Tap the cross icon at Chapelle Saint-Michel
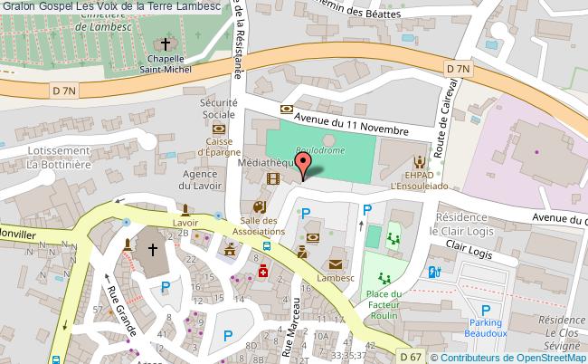pyautogui.click(x=166, y=43)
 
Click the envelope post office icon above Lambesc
pyautogui.click(x=337, y=264)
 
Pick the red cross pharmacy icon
pyautogui.click(x=263, y=273)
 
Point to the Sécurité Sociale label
pyautogui.click(x=217, y=109)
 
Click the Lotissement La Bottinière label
pyautogui.click(x=58, y=158)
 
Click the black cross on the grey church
pyautogui.click(x=153, y=247)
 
